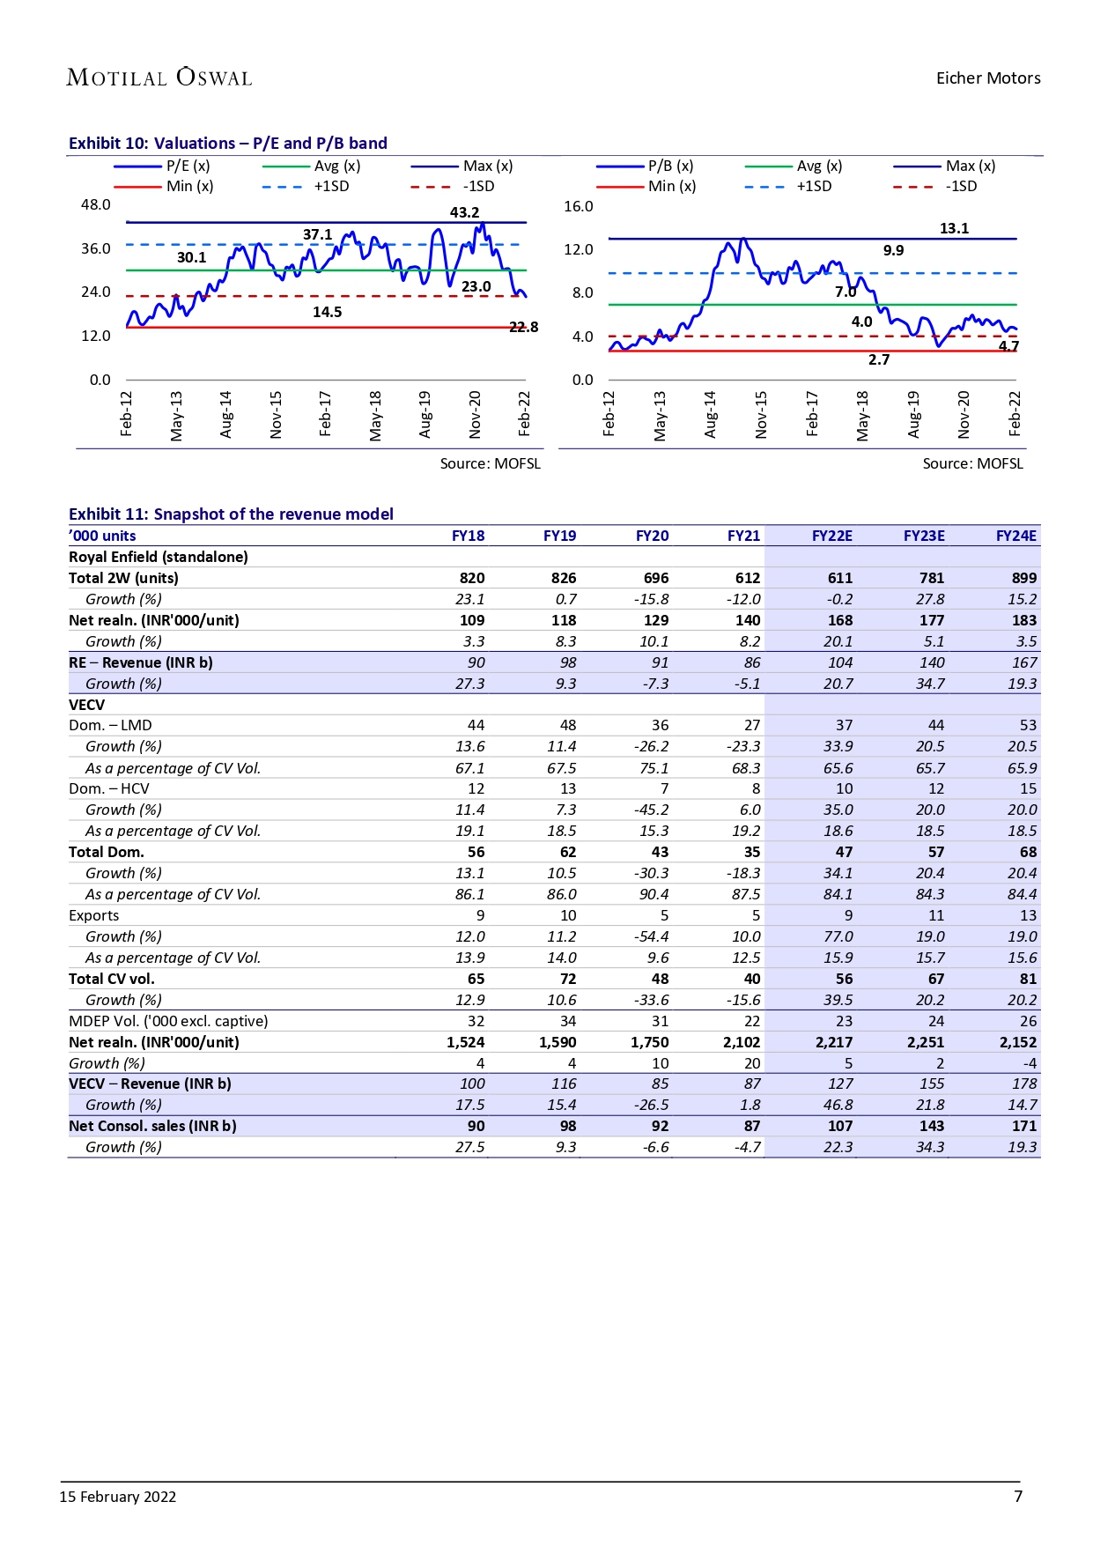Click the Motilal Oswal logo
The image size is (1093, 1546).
[x=159, y=78]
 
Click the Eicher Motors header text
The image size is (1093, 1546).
[x=987, y=78]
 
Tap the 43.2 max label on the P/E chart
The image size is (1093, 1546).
[x=464, y=212]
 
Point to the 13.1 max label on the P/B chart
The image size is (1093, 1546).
[x=954, y=228]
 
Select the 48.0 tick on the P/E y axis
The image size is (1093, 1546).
[x=96, y=204]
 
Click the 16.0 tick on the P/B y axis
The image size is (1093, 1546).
[x=579, y=206]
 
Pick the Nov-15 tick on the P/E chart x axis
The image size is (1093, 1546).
[x=277, y=414]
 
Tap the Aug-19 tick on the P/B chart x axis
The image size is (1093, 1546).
[x=913, y=414]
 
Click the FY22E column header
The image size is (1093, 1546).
[x=831, y=536]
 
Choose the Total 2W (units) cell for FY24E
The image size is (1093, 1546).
[x=1023, y=578]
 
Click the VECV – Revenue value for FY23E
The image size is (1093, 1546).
[x=931, y=1084]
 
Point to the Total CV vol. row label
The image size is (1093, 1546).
[x=112, y=979]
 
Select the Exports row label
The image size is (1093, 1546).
[x=93, y=915]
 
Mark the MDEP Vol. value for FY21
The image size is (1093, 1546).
[x=751, y=1021]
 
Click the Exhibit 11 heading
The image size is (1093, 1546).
[x=231, y=514]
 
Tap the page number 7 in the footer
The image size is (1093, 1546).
[x=1018, y=1496]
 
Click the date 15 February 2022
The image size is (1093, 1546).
[x=118, y=1497]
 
